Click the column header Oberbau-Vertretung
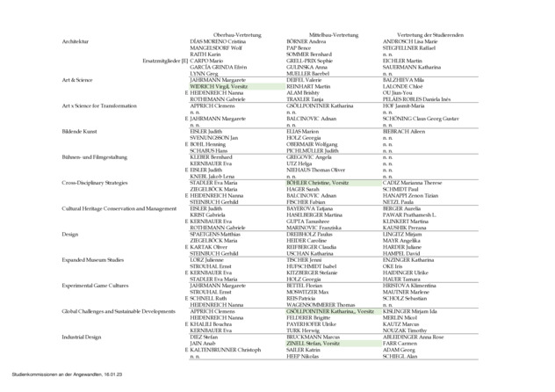[233, 33]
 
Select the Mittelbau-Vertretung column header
[323, 33]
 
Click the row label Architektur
[76, 41]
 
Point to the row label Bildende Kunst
[79, 130]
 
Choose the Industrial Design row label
[82, 337]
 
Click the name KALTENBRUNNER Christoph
[226, 350]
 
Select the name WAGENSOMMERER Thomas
[320, 304]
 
